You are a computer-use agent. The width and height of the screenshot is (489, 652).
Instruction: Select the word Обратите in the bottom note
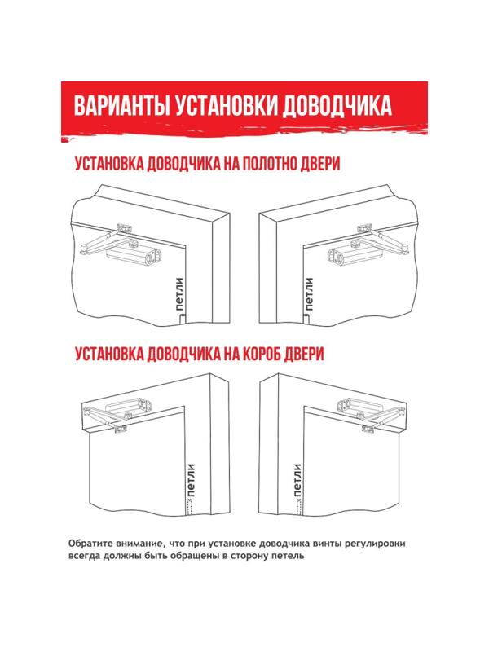click(x=95, y=544)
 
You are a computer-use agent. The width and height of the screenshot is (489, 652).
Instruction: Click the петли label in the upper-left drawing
click(x=179, y=294)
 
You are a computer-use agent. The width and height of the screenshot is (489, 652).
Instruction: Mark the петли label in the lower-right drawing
click(x=297, y=482)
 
